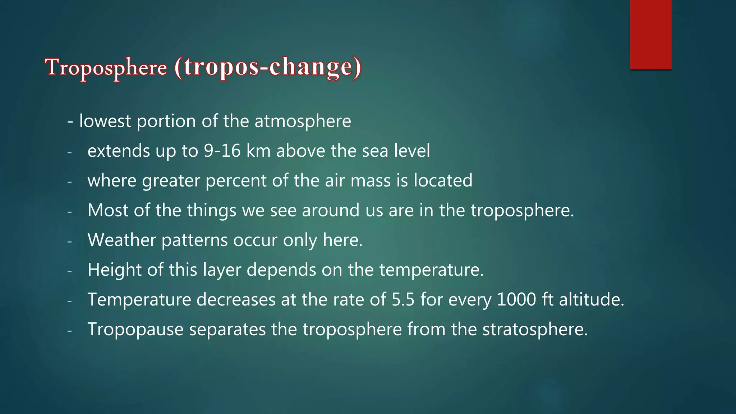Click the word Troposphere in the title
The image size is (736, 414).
pyautogui.click(x=106, y=67)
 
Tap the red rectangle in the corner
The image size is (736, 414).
pyautogui.click(x=650, y=34)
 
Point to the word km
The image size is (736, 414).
pyautogui.click(x=258, y=151)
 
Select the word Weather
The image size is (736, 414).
pyautogui.click(x=121, y=240)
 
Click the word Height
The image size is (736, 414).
pyautogui.click(x=115, y=270)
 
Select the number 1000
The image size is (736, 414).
pyautogui.click(x=516, y=299)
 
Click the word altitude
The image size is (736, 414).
pyautogui.click(x=592, y=299)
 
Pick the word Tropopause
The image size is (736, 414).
pyautogui.click(x=135, y=329)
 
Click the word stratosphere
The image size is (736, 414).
pyautogui.click(x=535, y=329)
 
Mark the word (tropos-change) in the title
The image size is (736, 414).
pyautogui.click(x=268, y=67)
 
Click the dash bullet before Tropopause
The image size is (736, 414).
pyautogui.click(x=69, y=330)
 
